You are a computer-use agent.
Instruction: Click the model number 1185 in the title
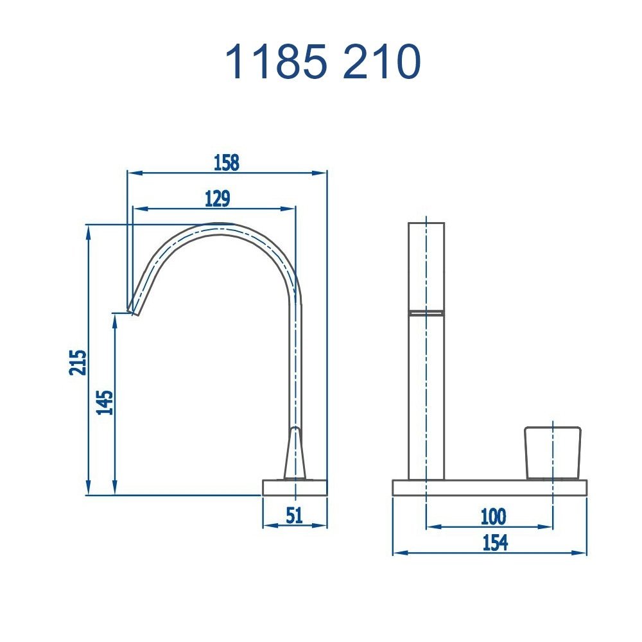tap(277, 62)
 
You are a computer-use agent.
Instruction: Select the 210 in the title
tap(382, 62)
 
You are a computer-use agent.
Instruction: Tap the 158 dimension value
tap(227, 162)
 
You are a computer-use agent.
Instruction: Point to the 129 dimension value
tap(218, 198)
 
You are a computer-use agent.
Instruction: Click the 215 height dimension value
tap(78, 362)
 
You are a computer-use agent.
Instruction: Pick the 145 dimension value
tap(105, 403)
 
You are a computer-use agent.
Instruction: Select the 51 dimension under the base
tap(295, 515)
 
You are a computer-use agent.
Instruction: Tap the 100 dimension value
tap(493, 517)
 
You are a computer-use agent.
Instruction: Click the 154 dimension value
tap(495, 542)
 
